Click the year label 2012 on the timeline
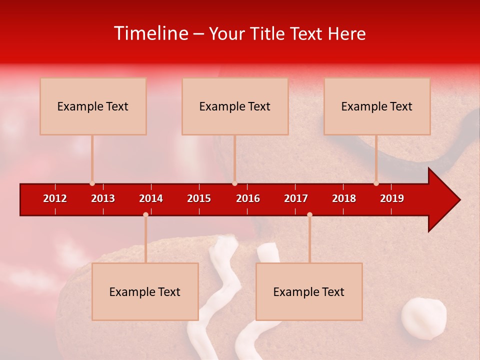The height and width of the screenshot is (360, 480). click(x=55, y=198)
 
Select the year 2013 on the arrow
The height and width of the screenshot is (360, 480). click(x=103, y=198)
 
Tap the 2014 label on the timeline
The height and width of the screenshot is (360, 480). click(x=151, y=198)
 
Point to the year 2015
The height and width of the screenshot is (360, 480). click(x=199, y=198)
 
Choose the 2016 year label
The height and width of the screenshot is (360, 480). click(x=248, y=198)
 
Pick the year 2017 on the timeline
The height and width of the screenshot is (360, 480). click(x=296, y=198)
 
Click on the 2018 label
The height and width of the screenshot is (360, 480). click(x=344, y=198)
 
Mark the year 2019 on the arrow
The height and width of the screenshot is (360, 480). click(x=392, y=198)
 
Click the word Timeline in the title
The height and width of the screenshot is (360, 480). click(x=151, y=33)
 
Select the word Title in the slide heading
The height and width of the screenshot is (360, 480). click(x=267, y=33)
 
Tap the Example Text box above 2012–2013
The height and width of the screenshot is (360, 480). click(x=93, y=106)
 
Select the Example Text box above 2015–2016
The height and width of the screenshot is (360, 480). click(x=235, y=106)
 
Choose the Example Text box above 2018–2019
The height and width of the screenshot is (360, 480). click(x=377, y=106)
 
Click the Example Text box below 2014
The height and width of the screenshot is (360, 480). click(x=145, y=291)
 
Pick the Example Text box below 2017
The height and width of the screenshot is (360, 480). click(x=309, y=291)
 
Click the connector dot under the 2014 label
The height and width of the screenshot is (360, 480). click(x=145, y=214)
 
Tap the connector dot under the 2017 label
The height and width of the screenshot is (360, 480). click(x=309, y=214)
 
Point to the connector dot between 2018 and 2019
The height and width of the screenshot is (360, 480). click(x=376, y=183)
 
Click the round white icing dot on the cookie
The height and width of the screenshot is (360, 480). click(x=424, y=318)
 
